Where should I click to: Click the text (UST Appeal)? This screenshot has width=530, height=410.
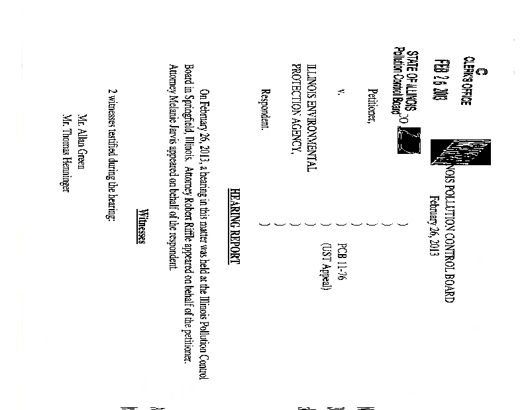click(325, 267)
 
